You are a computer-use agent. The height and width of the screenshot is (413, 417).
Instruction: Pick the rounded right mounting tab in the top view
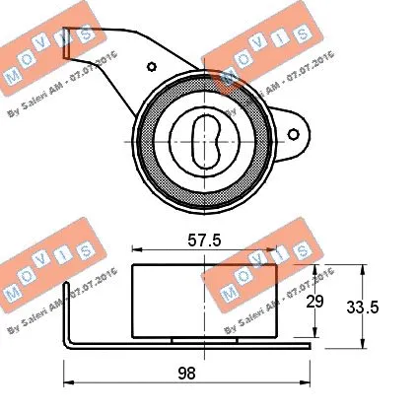click(x=293, y=129)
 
